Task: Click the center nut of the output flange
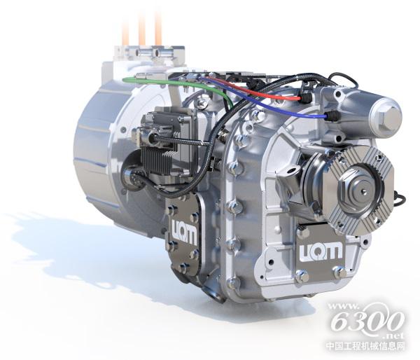pos(360,190)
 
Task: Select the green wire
pos(188,85)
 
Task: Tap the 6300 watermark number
pos(367,321)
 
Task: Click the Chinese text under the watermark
pos(365,346)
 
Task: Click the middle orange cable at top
pos(142,29)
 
